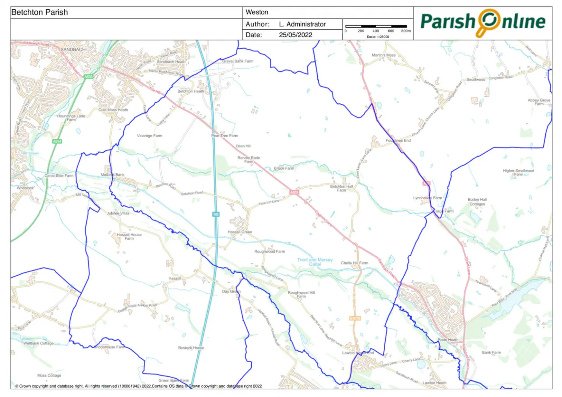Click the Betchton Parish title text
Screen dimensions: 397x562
point(39,12)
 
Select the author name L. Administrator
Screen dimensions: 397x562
point(302,24)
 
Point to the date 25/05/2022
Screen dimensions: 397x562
point(295,35)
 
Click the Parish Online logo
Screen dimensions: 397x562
point(483,22)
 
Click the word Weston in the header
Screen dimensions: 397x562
point(257,12)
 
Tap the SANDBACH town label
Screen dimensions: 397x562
point(73,50)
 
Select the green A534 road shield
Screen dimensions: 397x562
point(57,141)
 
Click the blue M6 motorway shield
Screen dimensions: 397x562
point(216,214)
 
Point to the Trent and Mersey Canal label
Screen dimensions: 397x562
point(315,262)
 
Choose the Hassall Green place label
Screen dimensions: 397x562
point(240,232)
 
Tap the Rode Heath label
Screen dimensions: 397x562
point(448,340)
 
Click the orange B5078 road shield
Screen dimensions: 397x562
point(355,318)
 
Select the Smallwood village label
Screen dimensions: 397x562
point(476,80)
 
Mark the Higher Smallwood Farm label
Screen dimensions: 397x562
point(518,172)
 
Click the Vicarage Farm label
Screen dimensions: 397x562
point(149,136)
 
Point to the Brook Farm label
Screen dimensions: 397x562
point(284,168)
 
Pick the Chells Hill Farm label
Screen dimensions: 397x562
point(354,263)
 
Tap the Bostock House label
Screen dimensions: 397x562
point(191,348)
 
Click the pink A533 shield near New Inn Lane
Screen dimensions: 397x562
point(294,192)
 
